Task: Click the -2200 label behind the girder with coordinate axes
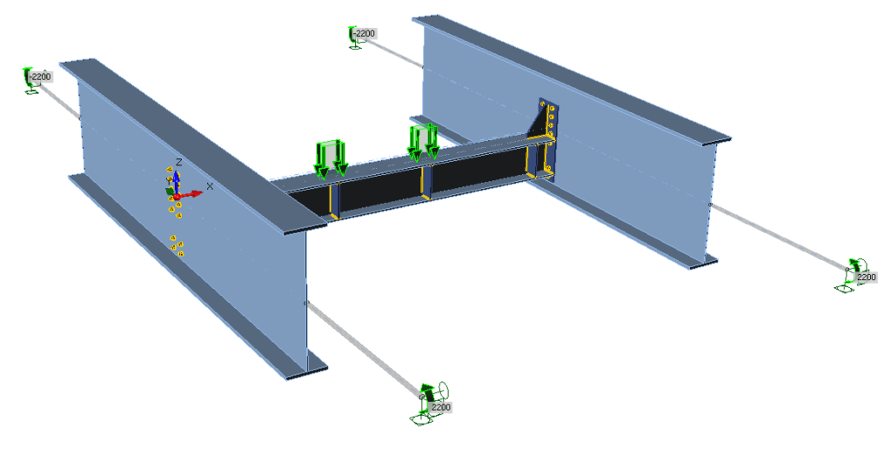click(x=41, y=77)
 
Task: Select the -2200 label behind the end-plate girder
click(x=365, y=34)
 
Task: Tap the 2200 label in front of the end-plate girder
click(x=866, y=277)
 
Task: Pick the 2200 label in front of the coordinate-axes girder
click(x=441, y=407)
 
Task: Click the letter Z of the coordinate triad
click(x=178, y=163)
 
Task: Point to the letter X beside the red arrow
click(x=209, y=185)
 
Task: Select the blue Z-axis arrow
click(x=176, y=178)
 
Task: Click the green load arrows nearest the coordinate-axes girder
click(x=331, y=157)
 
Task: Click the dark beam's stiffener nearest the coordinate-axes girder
click(x=332, y=199)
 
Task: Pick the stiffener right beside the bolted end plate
click(x=530, y=161)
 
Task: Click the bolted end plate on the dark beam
click(x=549, y=139)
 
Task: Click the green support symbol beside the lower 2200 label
click(x=426, y=405)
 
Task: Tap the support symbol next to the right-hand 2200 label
click(x=851, y=274)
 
